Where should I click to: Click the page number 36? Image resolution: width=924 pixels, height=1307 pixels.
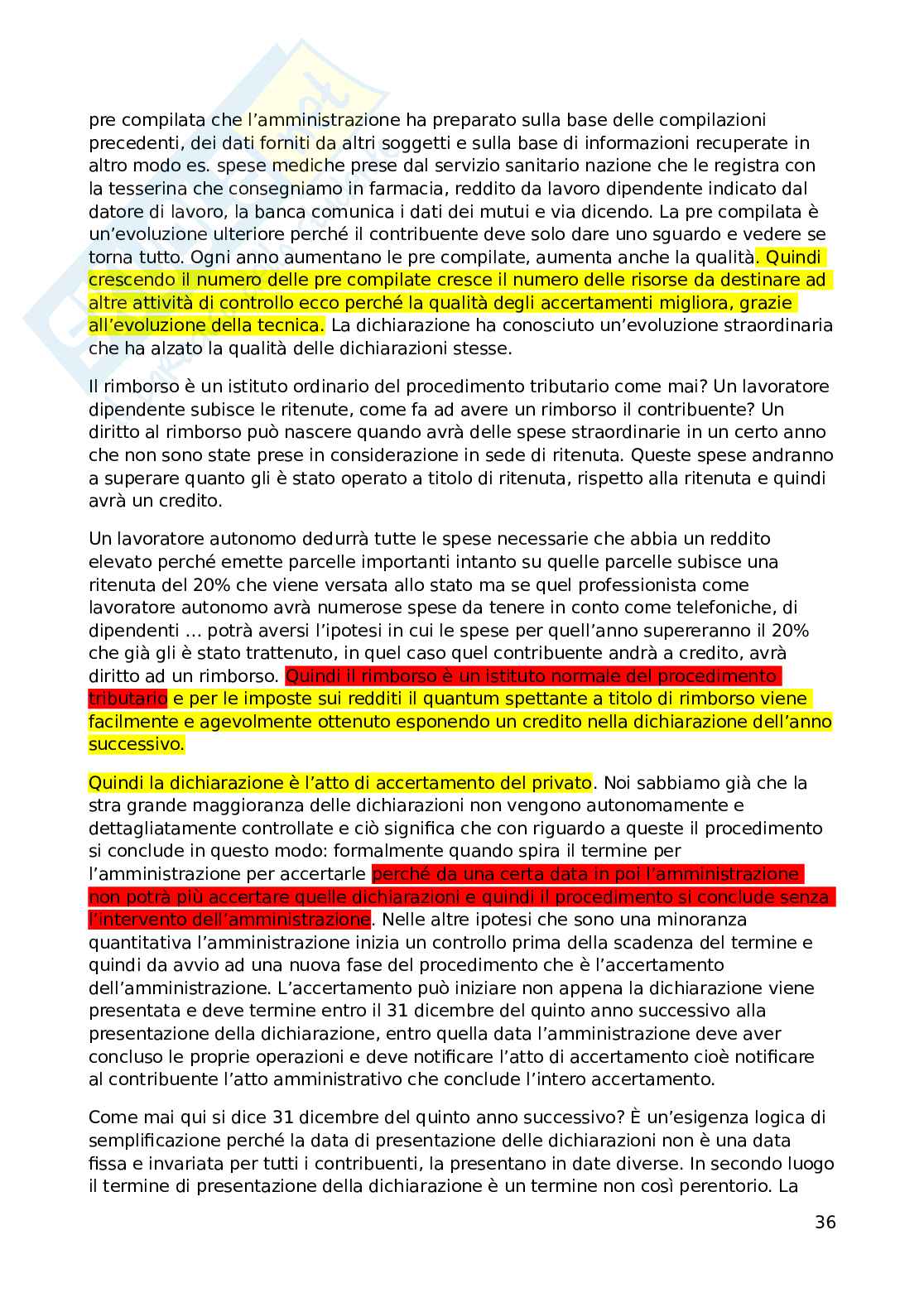click(x=825, y=1223)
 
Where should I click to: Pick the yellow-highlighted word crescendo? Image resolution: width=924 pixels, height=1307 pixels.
click(x=132, y=280)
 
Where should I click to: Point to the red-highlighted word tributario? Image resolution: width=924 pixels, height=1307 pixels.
click(x=128, y=699)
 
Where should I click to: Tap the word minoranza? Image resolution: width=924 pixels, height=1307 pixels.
click(x=704, y=920)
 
